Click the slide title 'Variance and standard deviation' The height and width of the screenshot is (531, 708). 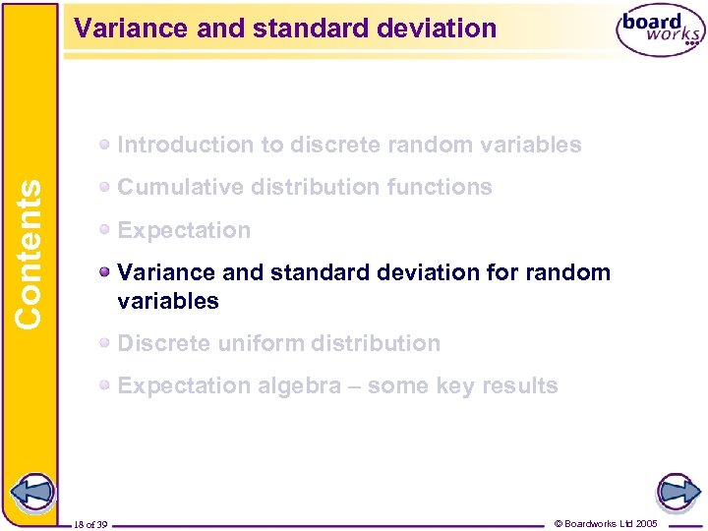286,28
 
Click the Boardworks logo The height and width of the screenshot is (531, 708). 660,32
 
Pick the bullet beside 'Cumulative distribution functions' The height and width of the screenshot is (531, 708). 104,187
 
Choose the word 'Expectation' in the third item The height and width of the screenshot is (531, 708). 184,230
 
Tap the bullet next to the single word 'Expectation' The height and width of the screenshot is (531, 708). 104,230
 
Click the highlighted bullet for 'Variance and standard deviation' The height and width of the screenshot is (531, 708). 104,272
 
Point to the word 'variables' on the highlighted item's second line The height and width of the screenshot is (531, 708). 168,301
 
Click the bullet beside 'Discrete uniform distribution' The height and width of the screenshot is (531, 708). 104,343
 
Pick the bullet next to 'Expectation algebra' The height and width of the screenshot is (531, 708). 104,385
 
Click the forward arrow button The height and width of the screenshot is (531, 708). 678,491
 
